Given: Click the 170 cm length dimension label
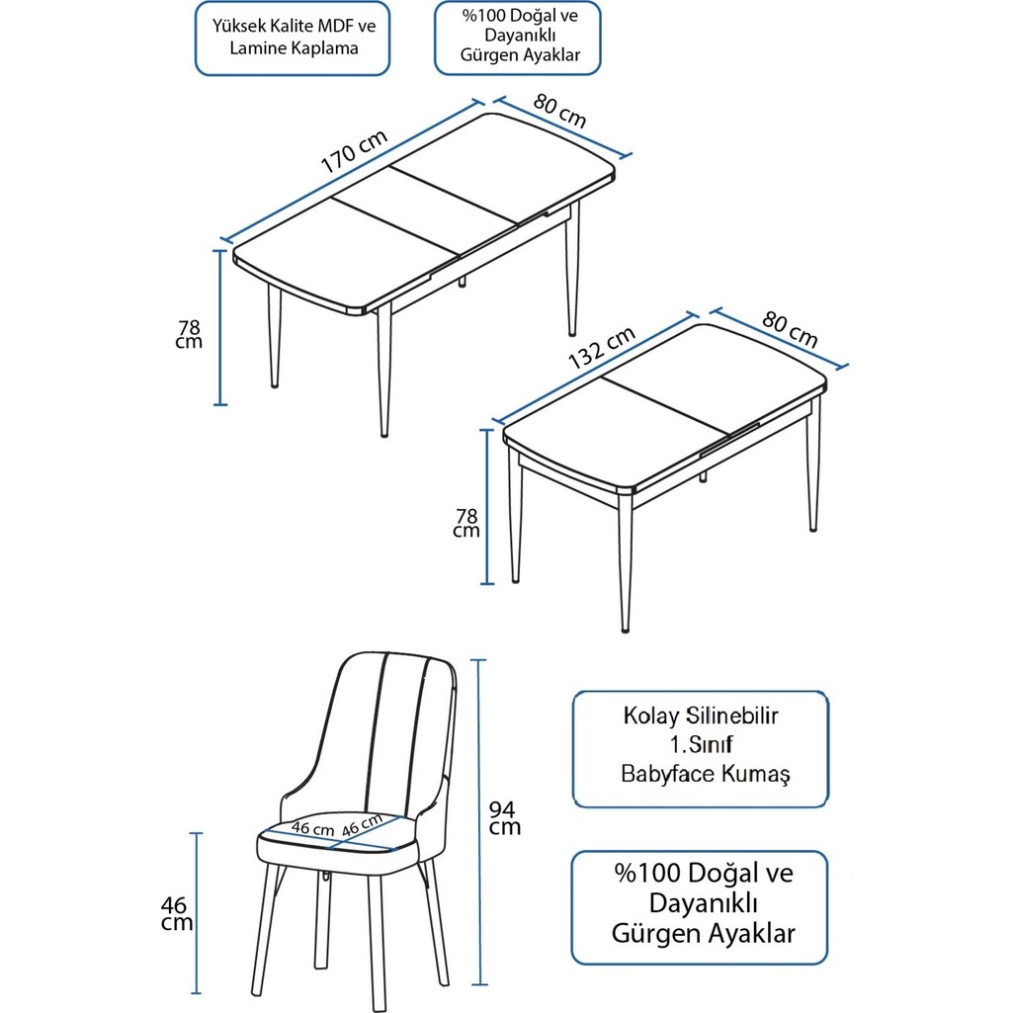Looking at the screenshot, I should point(354,154).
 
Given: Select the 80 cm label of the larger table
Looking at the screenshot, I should point(560,111).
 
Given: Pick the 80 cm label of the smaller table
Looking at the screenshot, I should point(791,329).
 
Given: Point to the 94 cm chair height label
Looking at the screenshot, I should point(505,817).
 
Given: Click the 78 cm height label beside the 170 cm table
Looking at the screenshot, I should point(190,334).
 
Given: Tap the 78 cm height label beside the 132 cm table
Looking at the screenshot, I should point(466,523).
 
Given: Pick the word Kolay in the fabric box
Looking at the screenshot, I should point(652,716).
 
